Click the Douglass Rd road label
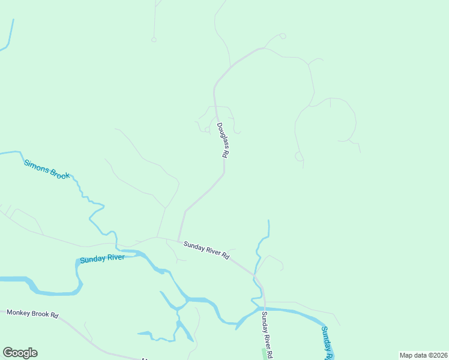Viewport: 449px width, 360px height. [x=223, y=140]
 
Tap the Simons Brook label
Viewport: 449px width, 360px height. [x=47, y=169]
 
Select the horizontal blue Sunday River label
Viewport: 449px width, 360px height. [x=102, y=259]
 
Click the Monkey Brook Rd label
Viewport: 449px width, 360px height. [x=32, y=313]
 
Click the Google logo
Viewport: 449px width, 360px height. [x=20, y=353]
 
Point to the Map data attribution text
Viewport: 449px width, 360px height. [x=423, y=355]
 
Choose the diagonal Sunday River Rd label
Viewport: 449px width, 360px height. [x=206, y=250]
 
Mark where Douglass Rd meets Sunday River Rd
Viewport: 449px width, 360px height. [x=178, y=241]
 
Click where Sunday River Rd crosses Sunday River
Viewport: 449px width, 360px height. [x=263, y=308]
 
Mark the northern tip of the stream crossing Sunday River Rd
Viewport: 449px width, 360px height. [x=268, y=221]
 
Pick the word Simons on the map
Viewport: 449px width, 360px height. [x=35, y=164]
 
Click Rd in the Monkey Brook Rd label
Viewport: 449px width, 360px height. [x=54, y=314]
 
